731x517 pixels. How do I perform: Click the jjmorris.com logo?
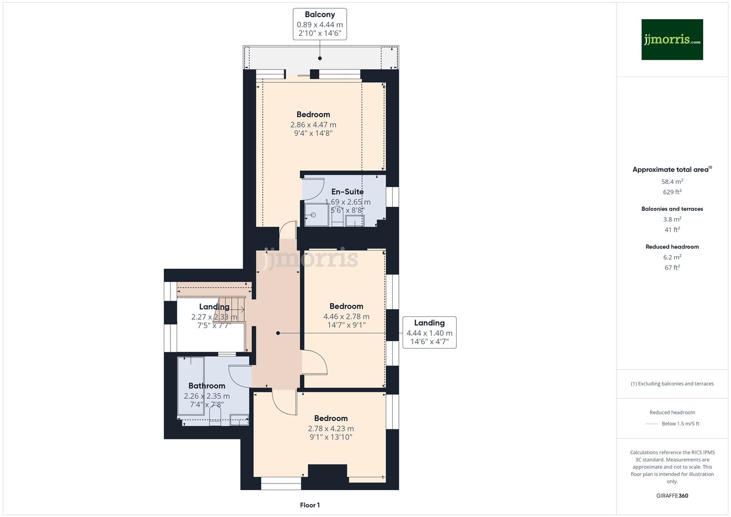point(672,39)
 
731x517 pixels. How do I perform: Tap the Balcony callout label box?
point(320,24)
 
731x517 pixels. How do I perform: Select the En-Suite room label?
point(348,191)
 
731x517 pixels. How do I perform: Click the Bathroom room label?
point(206,386)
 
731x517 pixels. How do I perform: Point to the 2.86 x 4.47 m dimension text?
point(313,125)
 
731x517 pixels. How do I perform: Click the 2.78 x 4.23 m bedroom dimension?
point(331,429)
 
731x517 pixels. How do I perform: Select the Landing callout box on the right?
point(429,332)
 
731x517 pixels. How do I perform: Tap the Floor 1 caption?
point(310,505)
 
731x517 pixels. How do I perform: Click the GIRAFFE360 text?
point(672,496)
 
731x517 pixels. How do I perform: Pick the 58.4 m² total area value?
point(672,182)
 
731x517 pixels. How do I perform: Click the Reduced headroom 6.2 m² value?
point(672,258)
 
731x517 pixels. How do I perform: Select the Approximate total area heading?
point(672,169)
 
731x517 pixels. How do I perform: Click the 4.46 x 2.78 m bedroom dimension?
point(346,316)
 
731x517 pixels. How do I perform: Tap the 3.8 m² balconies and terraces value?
point(672,220)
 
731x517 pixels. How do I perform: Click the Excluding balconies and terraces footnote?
point(672,383)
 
